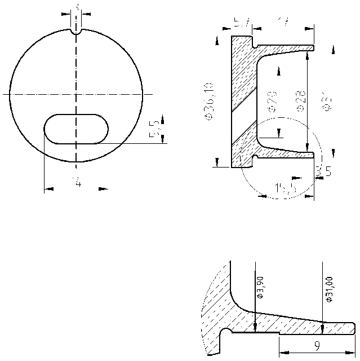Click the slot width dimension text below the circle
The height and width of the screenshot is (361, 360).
tap(76, 182)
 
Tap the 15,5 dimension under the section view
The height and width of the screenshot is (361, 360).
tap(286, 188)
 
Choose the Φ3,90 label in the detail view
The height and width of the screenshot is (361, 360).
tap(259, 288)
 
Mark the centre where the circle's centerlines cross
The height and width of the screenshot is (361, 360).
tap(76, 94)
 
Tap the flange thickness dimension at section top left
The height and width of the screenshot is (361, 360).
tap(242, 23)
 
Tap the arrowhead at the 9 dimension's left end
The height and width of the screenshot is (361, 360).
tap(283, 352)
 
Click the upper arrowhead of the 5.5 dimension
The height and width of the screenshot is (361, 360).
tap(162, 119)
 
